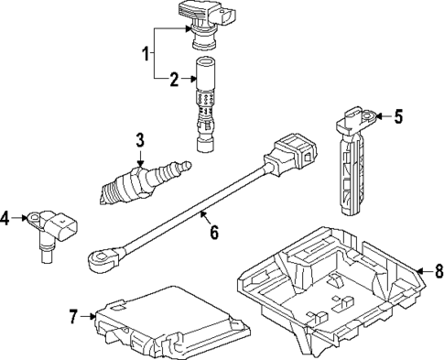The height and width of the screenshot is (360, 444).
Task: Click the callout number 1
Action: click(145, 54)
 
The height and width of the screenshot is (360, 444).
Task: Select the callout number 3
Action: click(140, 139)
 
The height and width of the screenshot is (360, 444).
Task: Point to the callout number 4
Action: click(5, 218)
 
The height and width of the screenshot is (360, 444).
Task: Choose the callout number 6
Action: click(213, 232)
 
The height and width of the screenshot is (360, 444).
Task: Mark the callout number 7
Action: click(74, 317)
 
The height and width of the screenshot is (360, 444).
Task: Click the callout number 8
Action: click(438, 270)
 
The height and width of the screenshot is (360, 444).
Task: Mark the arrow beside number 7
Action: click(90, 317)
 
